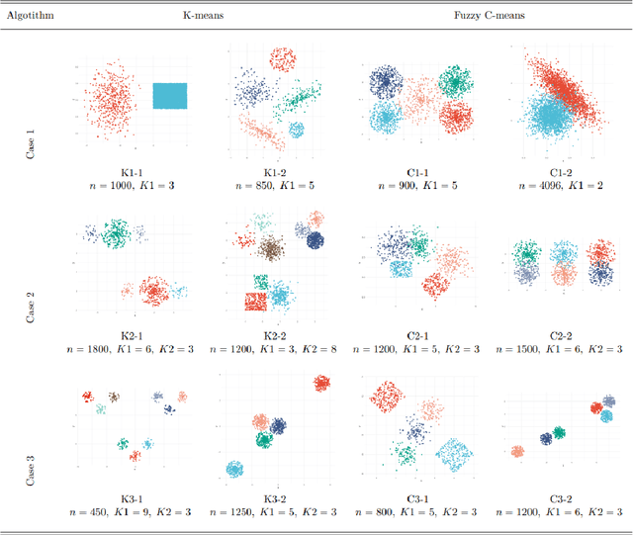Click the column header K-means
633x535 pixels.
tap(203, 17)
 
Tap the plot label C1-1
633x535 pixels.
tap(416, 171)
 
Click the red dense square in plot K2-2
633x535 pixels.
tap(256, 300)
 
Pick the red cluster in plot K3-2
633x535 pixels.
tap(321, 384)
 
